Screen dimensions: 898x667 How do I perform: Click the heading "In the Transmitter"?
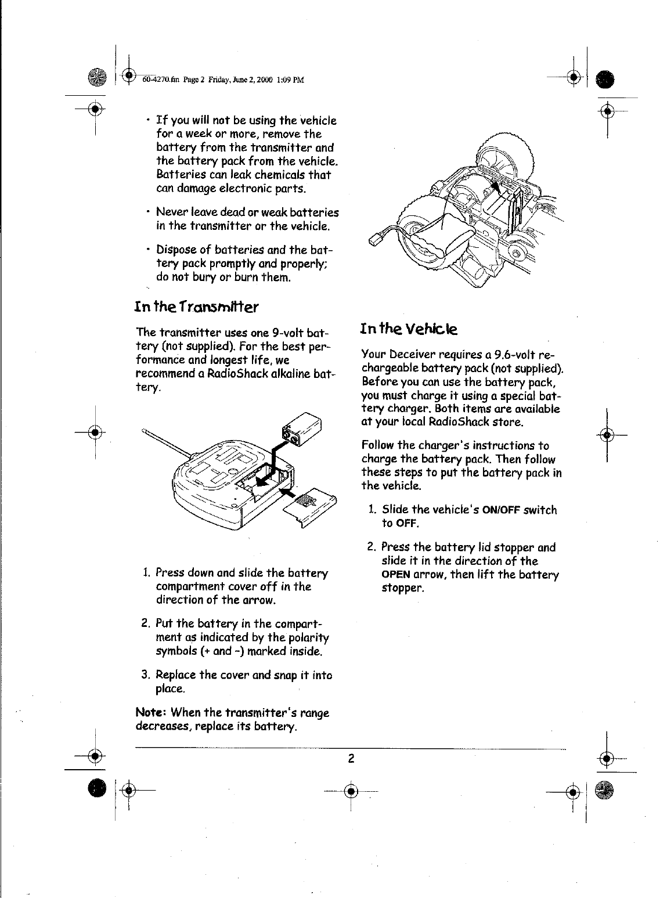coord(196,305)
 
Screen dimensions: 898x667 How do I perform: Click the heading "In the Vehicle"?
coord(409,329)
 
